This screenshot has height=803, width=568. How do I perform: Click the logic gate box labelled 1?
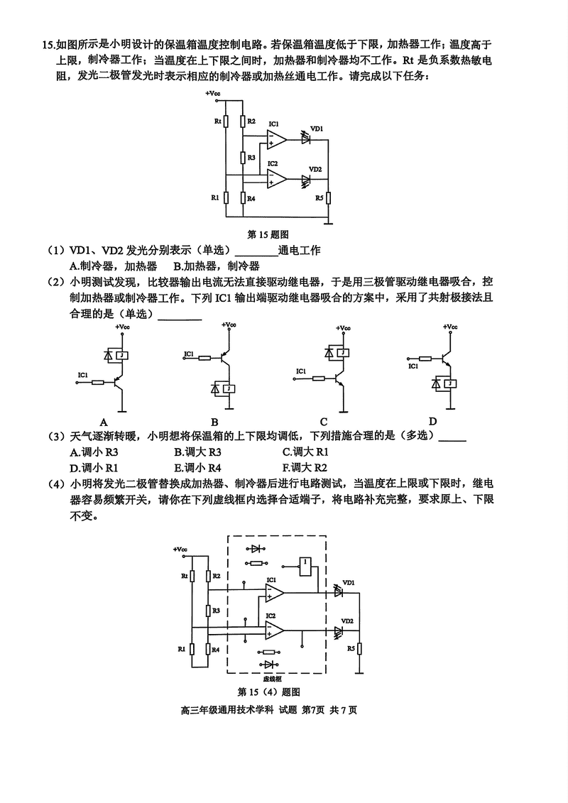[x=305, y=564]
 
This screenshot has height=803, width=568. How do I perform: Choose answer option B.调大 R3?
[x=198, y=452]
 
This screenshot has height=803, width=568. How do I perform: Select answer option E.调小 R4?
[x=198, y=468]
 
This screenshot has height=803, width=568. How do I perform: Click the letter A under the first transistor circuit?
[x=104, y=420]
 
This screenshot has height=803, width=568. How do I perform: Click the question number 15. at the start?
[x=48, y=45]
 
